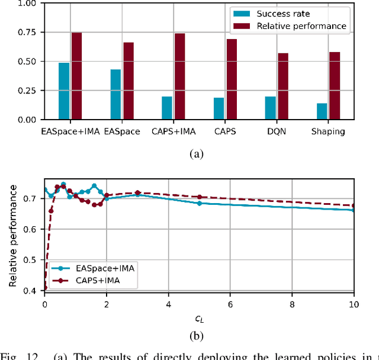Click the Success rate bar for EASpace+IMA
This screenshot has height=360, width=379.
(64, 91)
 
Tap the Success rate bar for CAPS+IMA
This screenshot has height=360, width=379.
(167, 108)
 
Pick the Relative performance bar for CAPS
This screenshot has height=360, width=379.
(232, 79)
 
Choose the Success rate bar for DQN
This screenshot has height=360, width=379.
(270, 108)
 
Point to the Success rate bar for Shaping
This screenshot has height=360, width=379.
(322, 111)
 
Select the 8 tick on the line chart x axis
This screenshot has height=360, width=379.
(292, 306)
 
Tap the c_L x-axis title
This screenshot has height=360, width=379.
(199, 320)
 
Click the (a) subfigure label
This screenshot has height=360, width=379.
(196, 154)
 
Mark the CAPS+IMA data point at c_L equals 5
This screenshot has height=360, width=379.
(199, 197)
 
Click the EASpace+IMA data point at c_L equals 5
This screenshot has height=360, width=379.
(199, 203)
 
